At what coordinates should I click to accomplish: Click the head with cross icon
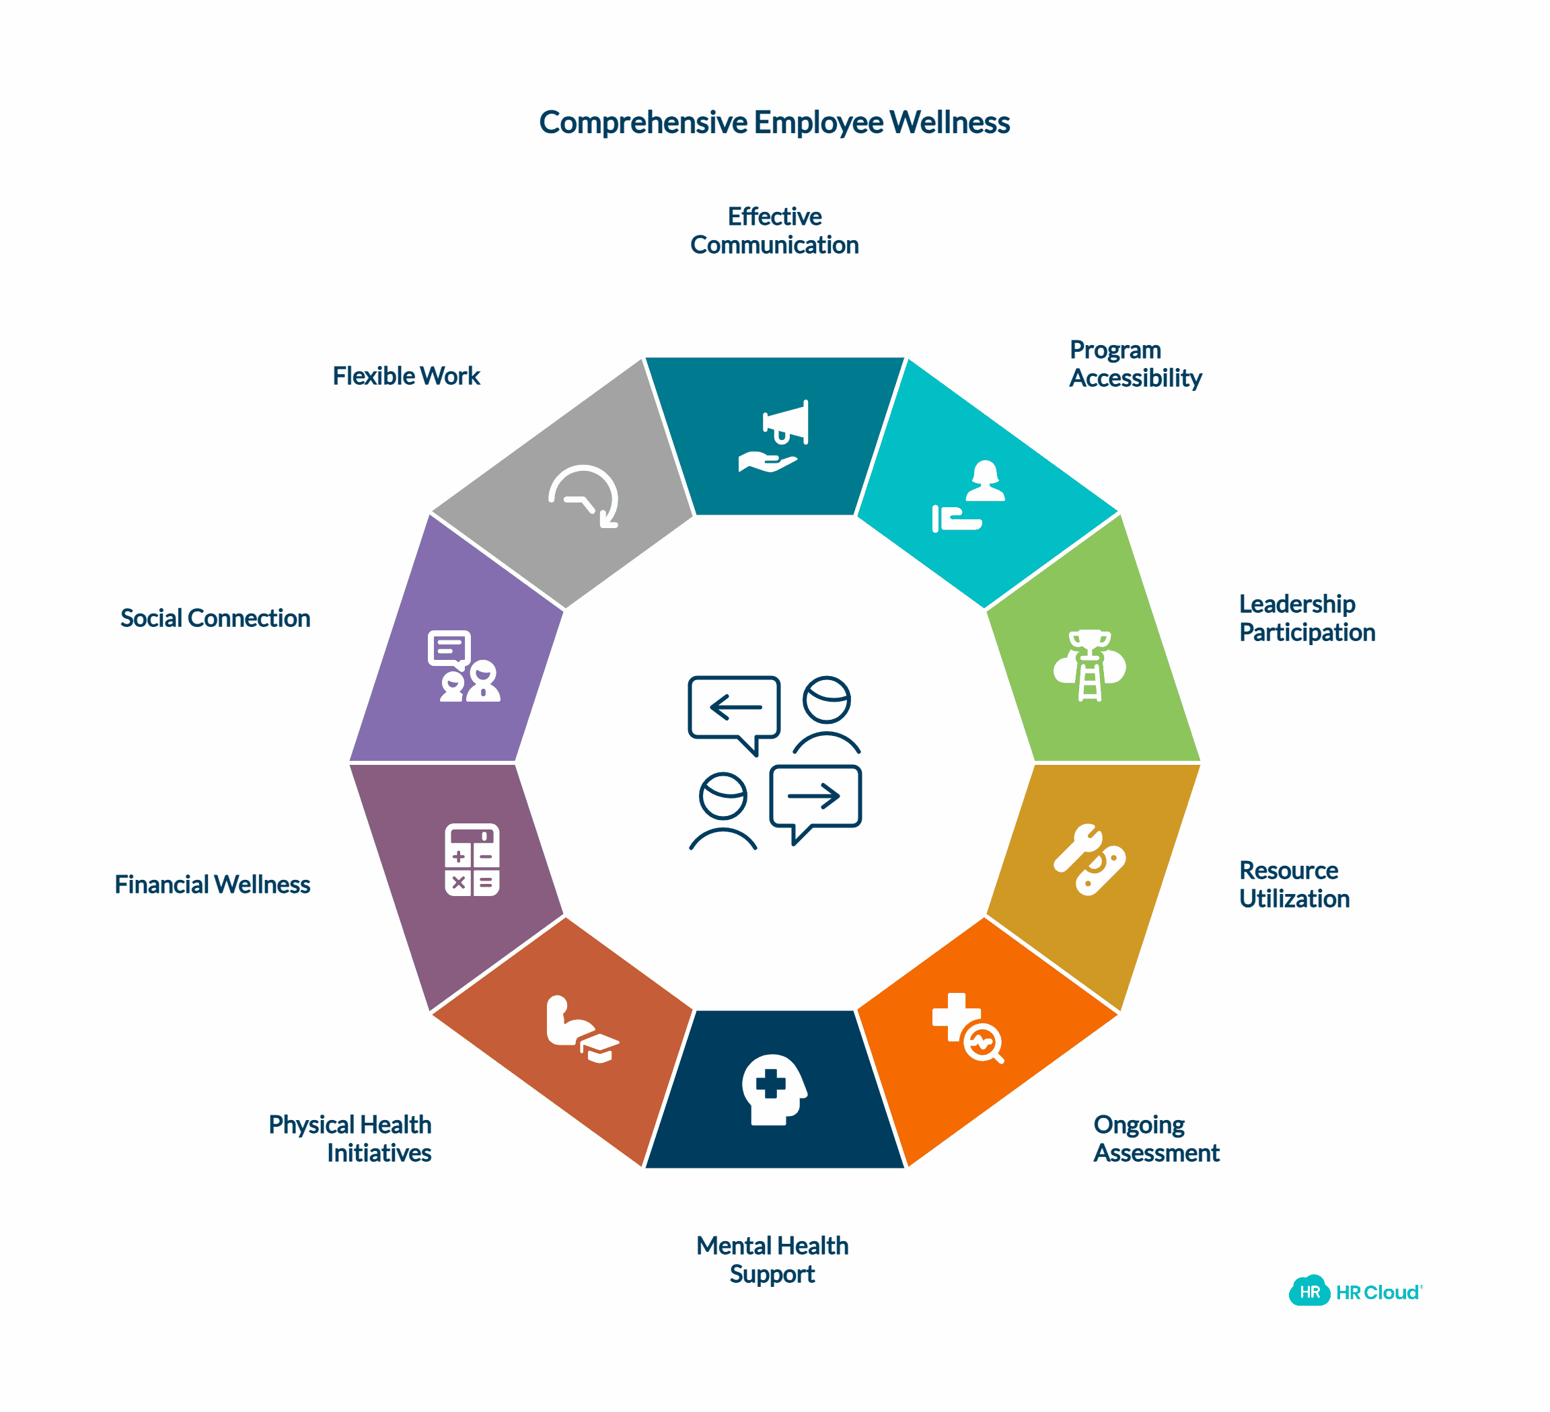point(774,1089)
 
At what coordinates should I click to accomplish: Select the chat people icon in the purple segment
point(464,667)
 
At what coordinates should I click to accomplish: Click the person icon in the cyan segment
point(985,481)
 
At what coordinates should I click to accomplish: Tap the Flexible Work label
point(406,376)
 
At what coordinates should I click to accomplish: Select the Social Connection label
point(215,618)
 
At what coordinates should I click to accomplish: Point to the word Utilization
point(1294,899)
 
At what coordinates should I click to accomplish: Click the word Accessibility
point(1135,378)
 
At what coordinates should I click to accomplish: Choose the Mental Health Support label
point(772,1259)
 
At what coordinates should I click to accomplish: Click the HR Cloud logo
point(1355,1292)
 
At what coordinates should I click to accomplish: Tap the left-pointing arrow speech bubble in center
point(734,708)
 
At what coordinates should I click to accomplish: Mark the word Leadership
point(1296,603)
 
